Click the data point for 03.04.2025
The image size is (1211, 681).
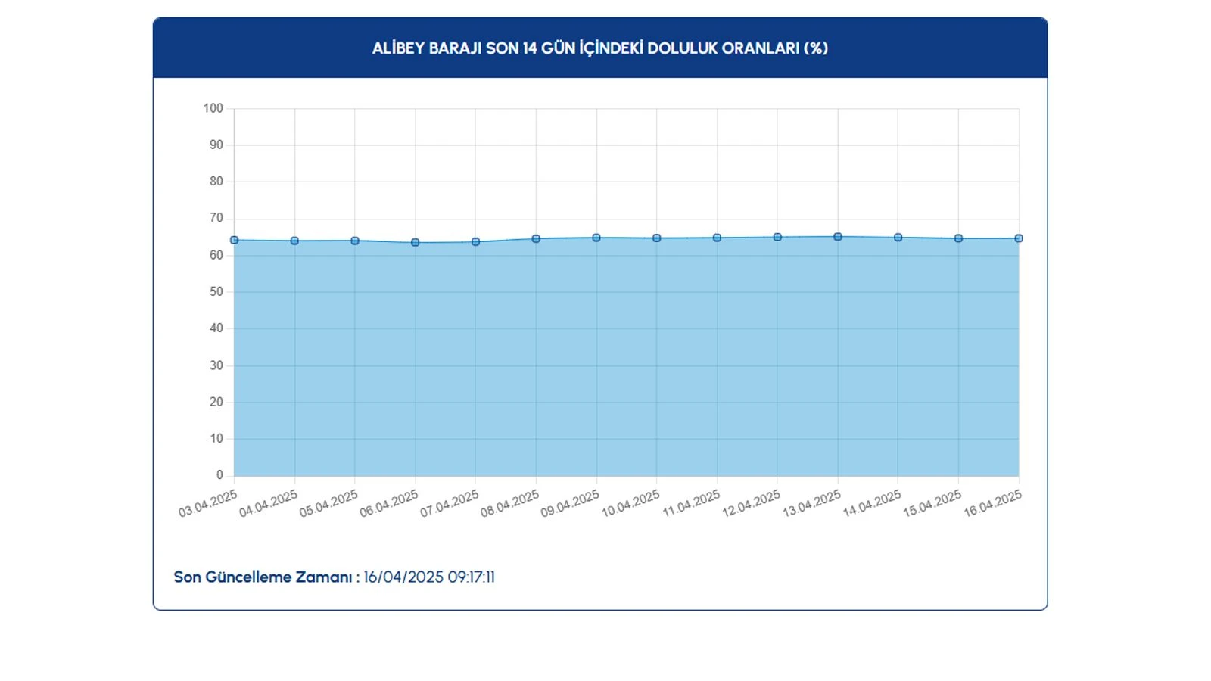tap(235, 241)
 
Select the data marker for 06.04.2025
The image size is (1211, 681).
tap(416, 243)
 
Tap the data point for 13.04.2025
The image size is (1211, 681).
tap(838, 237)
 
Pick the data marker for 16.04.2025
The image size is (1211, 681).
tap(1019, 238)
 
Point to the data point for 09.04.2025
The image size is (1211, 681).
tap(596, 238)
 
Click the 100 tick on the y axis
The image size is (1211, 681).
tap(213, 109)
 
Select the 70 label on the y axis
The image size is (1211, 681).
tap(216, 218)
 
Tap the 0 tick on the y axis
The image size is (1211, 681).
tap(219, 475)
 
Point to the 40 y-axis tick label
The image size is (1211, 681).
tap(216, 328)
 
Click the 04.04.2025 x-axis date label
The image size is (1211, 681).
tap(269, 504)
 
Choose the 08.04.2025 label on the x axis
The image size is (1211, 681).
tap(510, 504)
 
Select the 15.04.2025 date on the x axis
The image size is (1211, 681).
tap(932, 504)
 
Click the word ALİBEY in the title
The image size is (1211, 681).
tap(398, 48)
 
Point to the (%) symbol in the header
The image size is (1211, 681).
tap(816, 48)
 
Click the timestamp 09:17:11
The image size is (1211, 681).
tap(471, 577)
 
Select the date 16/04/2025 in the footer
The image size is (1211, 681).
tap(403, 577)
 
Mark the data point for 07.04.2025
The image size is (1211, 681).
tap(476, 242)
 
